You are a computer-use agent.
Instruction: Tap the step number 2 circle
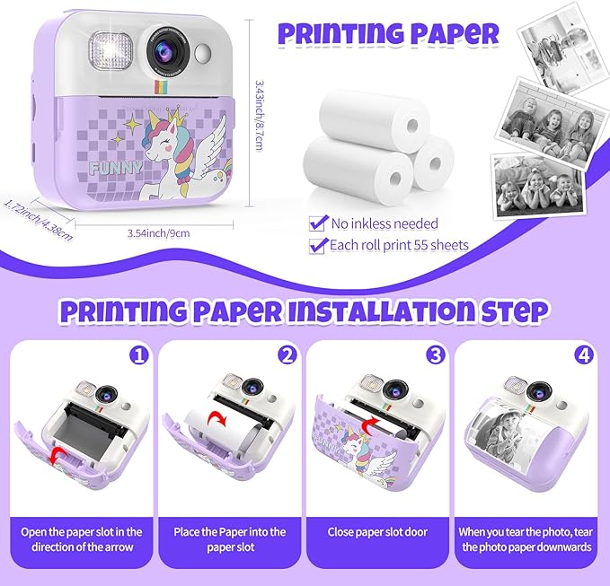pos(287,354)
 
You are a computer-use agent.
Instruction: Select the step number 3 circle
pos(435,354)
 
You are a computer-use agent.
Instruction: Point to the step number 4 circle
pos(584,354)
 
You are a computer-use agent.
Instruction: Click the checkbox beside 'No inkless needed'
pos(316,223)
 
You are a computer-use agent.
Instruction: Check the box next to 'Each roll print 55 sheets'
pos(316,244)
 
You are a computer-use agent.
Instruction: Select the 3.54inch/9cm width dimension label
pos(158,232)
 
